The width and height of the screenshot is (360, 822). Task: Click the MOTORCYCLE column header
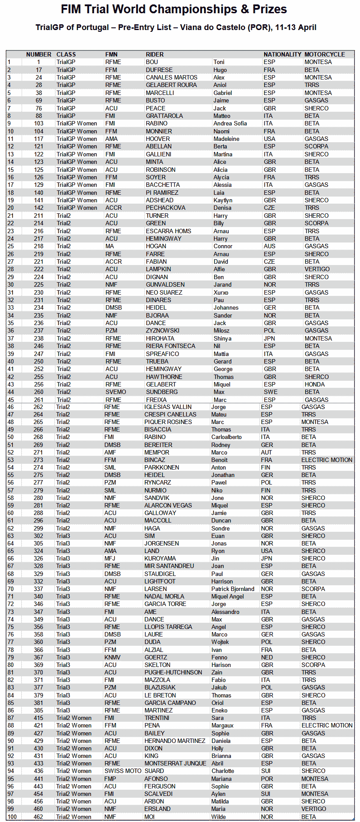[x=324, y=54]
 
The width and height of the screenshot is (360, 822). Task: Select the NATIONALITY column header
[x=282, y=54]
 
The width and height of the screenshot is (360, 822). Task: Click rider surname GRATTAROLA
[x=164, y=116]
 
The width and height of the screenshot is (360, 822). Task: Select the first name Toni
[x=219, y=62]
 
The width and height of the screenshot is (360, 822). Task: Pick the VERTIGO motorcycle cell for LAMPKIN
[x=317, y=269]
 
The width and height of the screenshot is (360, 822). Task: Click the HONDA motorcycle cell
[x=314, y=384]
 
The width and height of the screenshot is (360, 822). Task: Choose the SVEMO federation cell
[x=115, y=392]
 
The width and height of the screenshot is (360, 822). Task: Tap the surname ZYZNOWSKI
[x=163, y=330]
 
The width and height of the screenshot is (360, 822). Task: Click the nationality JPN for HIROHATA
[x=269, y=338]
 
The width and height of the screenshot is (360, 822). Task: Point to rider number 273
[x=38, y=460]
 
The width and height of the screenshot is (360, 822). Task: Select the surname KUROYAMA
[x=160, y=558]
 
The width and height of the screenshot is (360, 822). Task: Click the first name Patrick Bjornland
[x=233, y=589]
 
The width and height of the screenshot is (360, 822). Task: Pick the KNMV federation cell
[x=112, y=657]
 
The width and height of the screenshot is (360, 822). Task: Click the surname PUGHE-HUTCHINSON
[x=173, y=672]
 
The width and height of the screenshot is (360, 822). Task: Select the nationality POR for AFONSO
[x=267, y=779]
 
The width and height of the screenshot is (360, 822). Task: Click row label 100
[x=12, y=817]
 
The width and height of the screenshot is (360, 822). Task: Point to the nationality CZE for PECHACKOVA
[x=269, y=208]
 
